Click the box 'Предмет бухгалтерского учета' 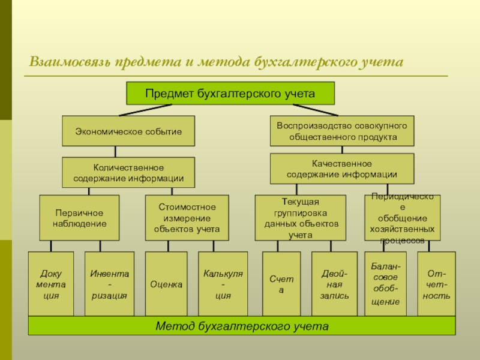point(230,94)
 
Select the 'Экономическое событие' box point(128,131)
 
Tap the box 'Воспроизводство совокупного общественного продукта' point(342,131)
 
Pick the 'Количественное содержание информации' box point(128,172)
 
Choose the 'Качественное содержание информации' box point(342,168)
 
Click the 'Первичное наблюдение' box point(80,218)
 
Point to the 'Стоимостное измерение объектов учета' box point(187,218)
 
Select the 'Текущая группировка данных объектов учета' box point(301,218)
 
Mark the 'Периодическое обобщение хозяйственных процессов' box point(402,218)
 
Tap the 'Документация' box point(51,284)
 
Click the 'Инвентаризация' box point(109,284)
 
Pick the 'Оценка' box point(166,284)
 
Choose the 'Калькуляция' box point(223,284)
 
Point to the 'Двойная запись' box point(334,284)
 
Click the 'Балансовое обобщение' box point(385,284)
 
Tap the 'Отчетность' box point(436,284)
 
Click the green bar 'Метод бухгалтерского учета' point(242,326)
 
